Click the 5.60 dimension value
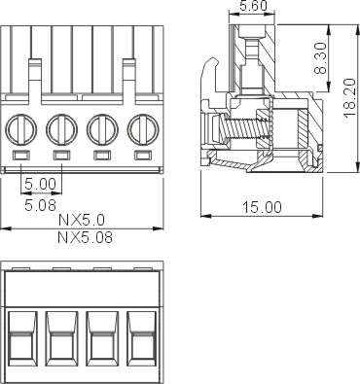(253, 6)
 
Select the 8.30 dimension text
(321, 58)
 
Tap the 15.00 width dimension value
(262, 207)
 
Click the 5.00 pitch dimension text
(41, 184)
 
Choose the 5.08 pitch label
(41, 205)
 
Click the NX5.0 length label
(82, 221)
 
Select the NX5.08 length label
(86, 237)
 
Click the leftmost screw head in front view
(20, 129)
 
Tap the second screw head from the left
(61, 129)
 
